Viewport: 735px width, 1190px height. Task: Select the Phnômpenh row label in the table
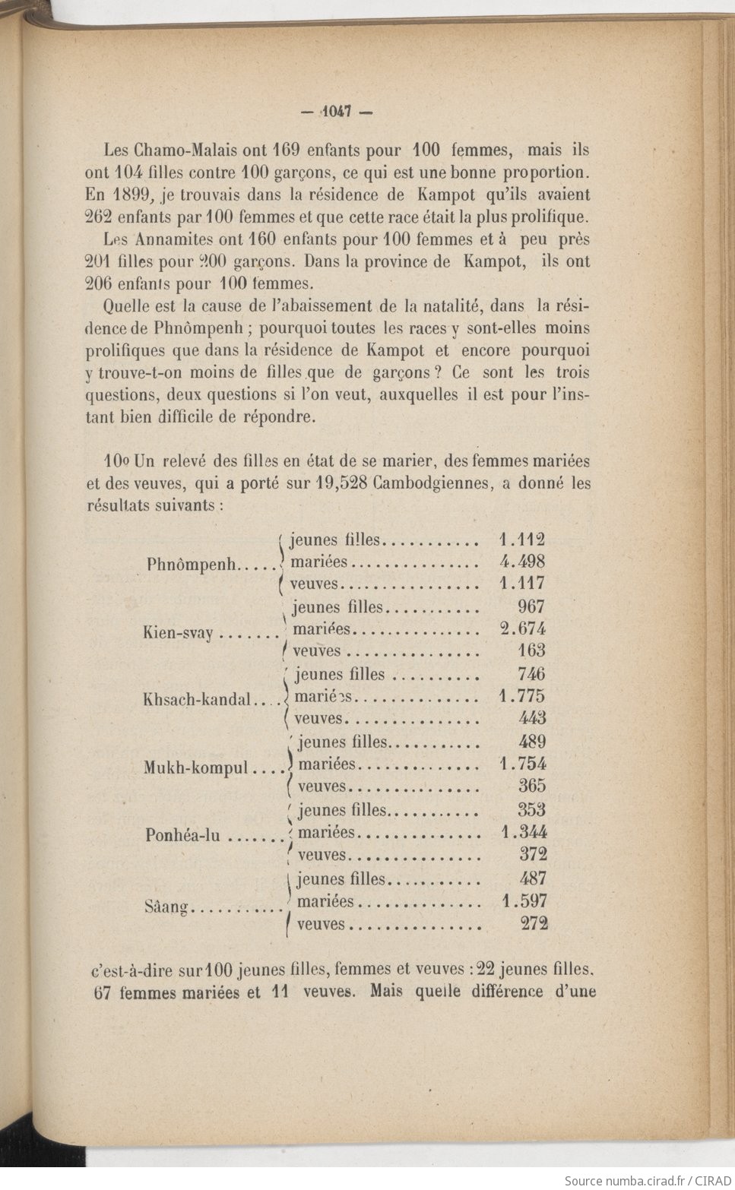click(192, 565)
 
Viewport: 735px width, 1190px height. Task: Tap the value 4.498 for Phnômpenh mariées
click(522, 562)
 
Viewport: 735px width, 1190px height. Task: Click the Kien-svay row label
click(178, 633)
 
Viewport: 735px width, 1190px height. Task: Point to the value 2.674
click(523, 628)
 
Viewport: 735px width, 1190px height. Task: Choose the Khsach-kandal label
click(196, 700)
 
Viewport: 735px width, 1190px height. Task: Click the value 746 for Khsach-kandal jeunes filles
click(532, 674)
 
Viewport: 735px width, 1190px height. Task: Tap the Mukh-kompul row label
click(196, 767)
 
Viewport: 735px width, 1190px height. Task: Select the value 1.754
click(523, 764)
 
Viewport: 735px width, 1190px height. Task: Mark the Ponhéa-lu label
click(182, 835)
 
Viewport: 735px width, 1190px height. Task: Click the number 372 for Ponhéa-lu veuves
click(533, 854)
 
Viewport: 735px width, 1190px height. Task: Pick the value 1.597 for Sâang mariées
click(524, 901)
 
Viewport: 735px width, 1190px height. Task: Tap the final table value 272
click(534, 924)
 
